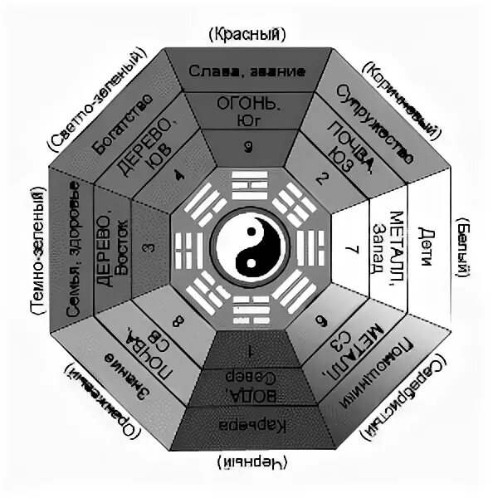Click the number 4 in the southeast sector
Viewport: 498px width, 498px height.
point(177,176)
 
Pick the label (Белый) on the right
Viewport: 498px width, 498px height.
point(465,248)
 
